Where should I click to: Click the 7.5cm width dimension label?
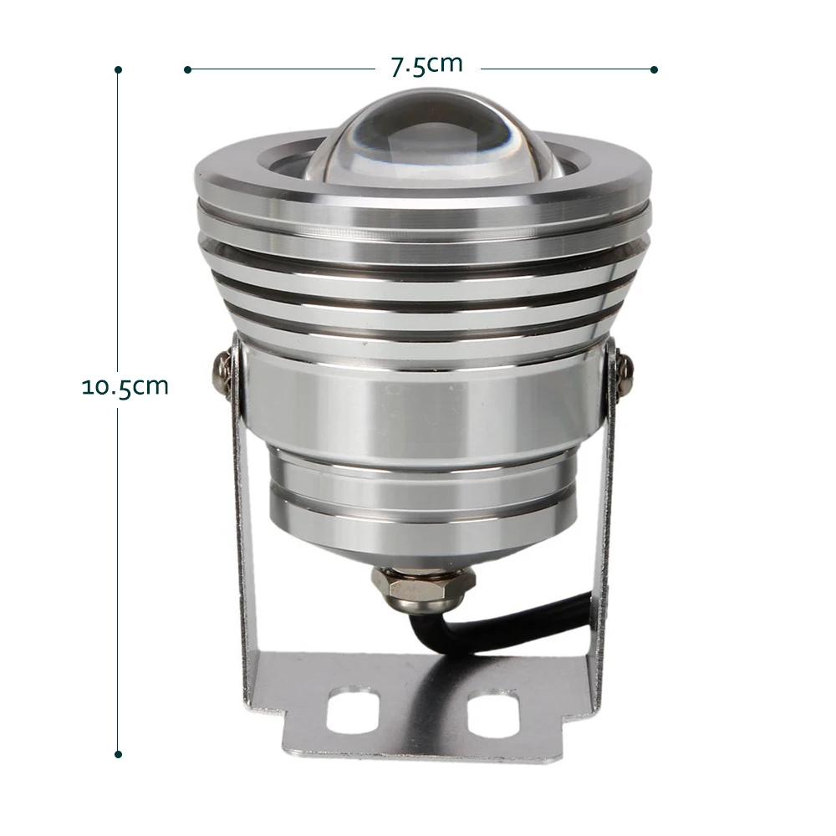tap(426, 66)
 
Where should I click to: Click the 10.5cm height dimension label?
tap(125, 387)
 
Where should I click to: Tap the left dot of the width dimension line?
tap(187, 69)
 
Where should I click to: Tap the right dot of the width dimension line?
tap(654, 69)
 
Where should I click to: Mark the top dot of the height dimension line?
tap(119, 69)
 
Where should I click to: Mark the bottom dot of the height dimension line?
tap(119, 754)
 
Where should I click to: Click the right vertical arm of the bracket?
tap(604, 535)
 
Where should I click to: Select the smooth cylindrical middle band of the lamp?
tap(422, 401)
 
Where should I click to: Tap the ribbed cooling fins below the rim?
tap(422, 284)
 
